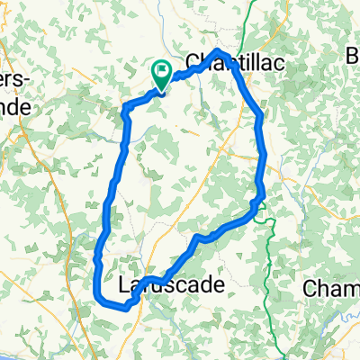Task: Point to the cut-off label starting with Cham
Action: [x=332, y=289]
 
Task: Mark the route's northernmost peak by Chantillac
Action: [x=220, y=50]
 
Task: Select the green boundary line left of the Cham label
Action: [x=269, y=270]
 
